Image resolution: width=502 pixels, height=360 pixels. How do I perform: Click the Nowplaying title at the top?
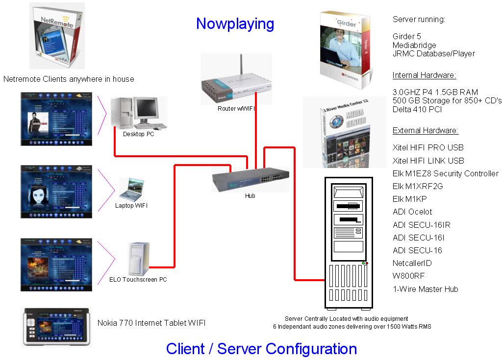(x=235, y=24)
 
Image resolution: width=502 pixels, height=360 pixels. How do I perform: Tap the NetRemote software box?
(x=53, y=37)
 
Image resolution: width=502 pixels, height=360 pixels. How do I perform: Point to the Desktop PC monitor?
(x=150, y=112)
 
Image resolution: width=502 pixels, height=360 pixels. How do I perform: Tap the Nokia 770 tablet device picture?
(x=56, y=326)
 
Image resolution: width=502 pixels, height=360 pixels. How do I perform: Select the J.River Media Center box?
(x=339, y=132)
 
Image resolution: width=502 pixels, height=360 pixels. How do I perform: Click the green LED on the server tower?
(x=363, y=263)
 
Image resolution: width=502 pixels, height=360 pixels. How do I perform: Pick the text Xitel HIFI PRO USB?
(x=428, y=147)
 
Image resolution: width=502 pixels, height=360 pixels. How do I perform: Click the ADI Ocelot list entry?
(x=412, y=212)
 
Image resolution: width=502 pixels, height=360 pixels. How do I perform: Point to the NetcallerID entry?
(x=412, y=264)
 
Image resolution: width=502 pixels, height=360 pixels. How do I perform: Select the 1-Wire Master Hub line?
(x=425, y=289)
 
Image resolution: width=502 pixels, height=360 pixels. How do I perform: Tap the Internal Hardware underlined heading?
(x=424, y=75)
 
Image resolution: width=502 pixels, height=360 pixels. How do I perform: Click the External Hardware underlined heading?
(x=425, y=131)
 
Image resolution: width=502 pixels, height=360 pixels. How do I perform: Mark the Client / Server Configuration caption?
(x=261, y=349)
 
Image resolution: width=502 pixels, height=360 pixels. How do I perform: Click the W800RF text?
(x=408, y=276)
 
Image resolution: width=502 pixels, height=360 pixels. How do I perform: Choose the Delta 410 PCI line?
(x=417, y=109)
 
